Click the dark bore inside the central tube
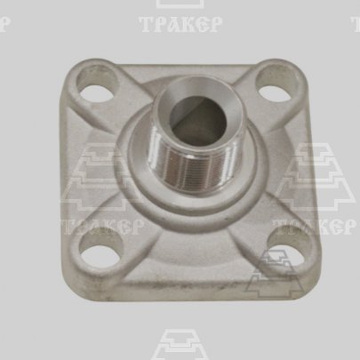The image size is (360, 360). tap(199, 119)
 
